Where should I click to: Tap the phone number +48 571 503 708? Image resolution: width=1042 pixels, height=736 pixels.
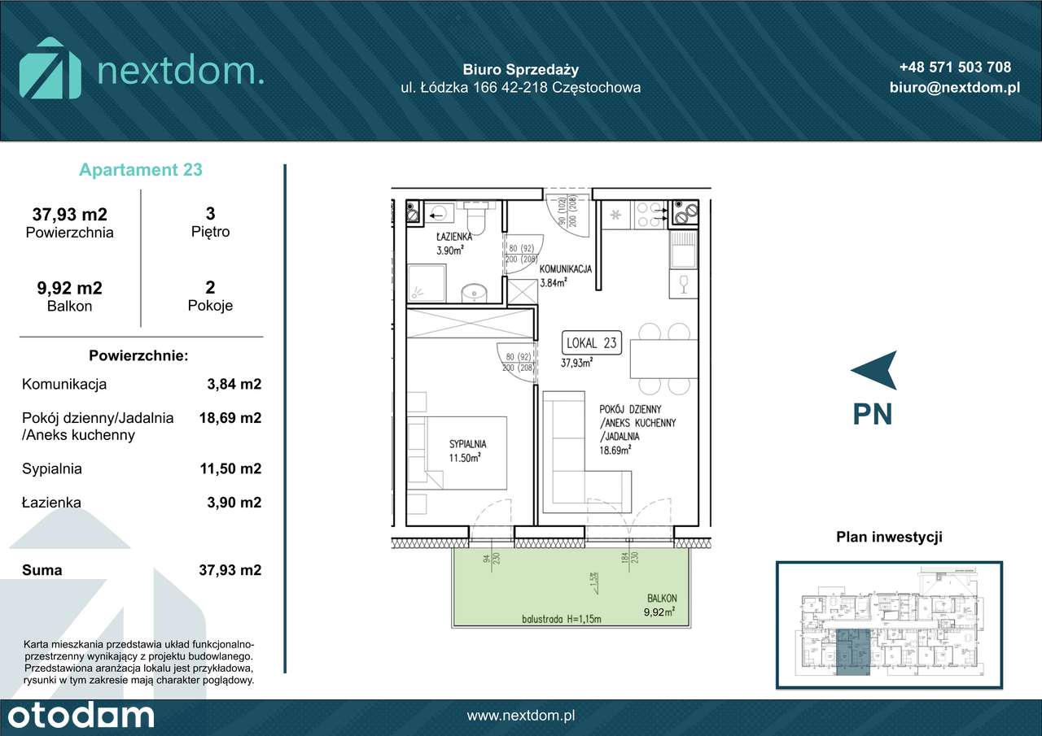click(x=955, y=68)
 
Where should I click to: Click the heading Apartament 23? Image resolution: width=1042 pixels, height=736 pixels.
click(x=141, y=170)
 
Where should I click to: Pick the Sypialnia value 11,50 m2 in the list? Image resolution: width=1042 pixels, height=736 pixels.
click(x=230, y=468)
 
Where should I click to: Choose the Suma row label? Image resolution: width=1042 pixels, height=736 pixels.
click(x=42, y=570)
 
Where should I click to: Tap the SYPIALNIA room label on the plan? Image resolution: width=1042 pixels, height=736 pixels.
click(x=467, y=444)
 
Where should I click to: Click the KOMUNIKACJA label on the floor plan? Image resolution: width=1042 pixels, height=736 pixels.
click(x=564, y=268)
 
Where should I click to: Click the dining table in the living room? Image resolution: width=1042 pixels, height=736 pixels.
click(x=663, y=358)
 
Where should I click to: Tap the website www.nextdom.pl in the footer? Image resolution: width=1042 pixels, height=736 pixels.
click(x=521, y=716)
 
